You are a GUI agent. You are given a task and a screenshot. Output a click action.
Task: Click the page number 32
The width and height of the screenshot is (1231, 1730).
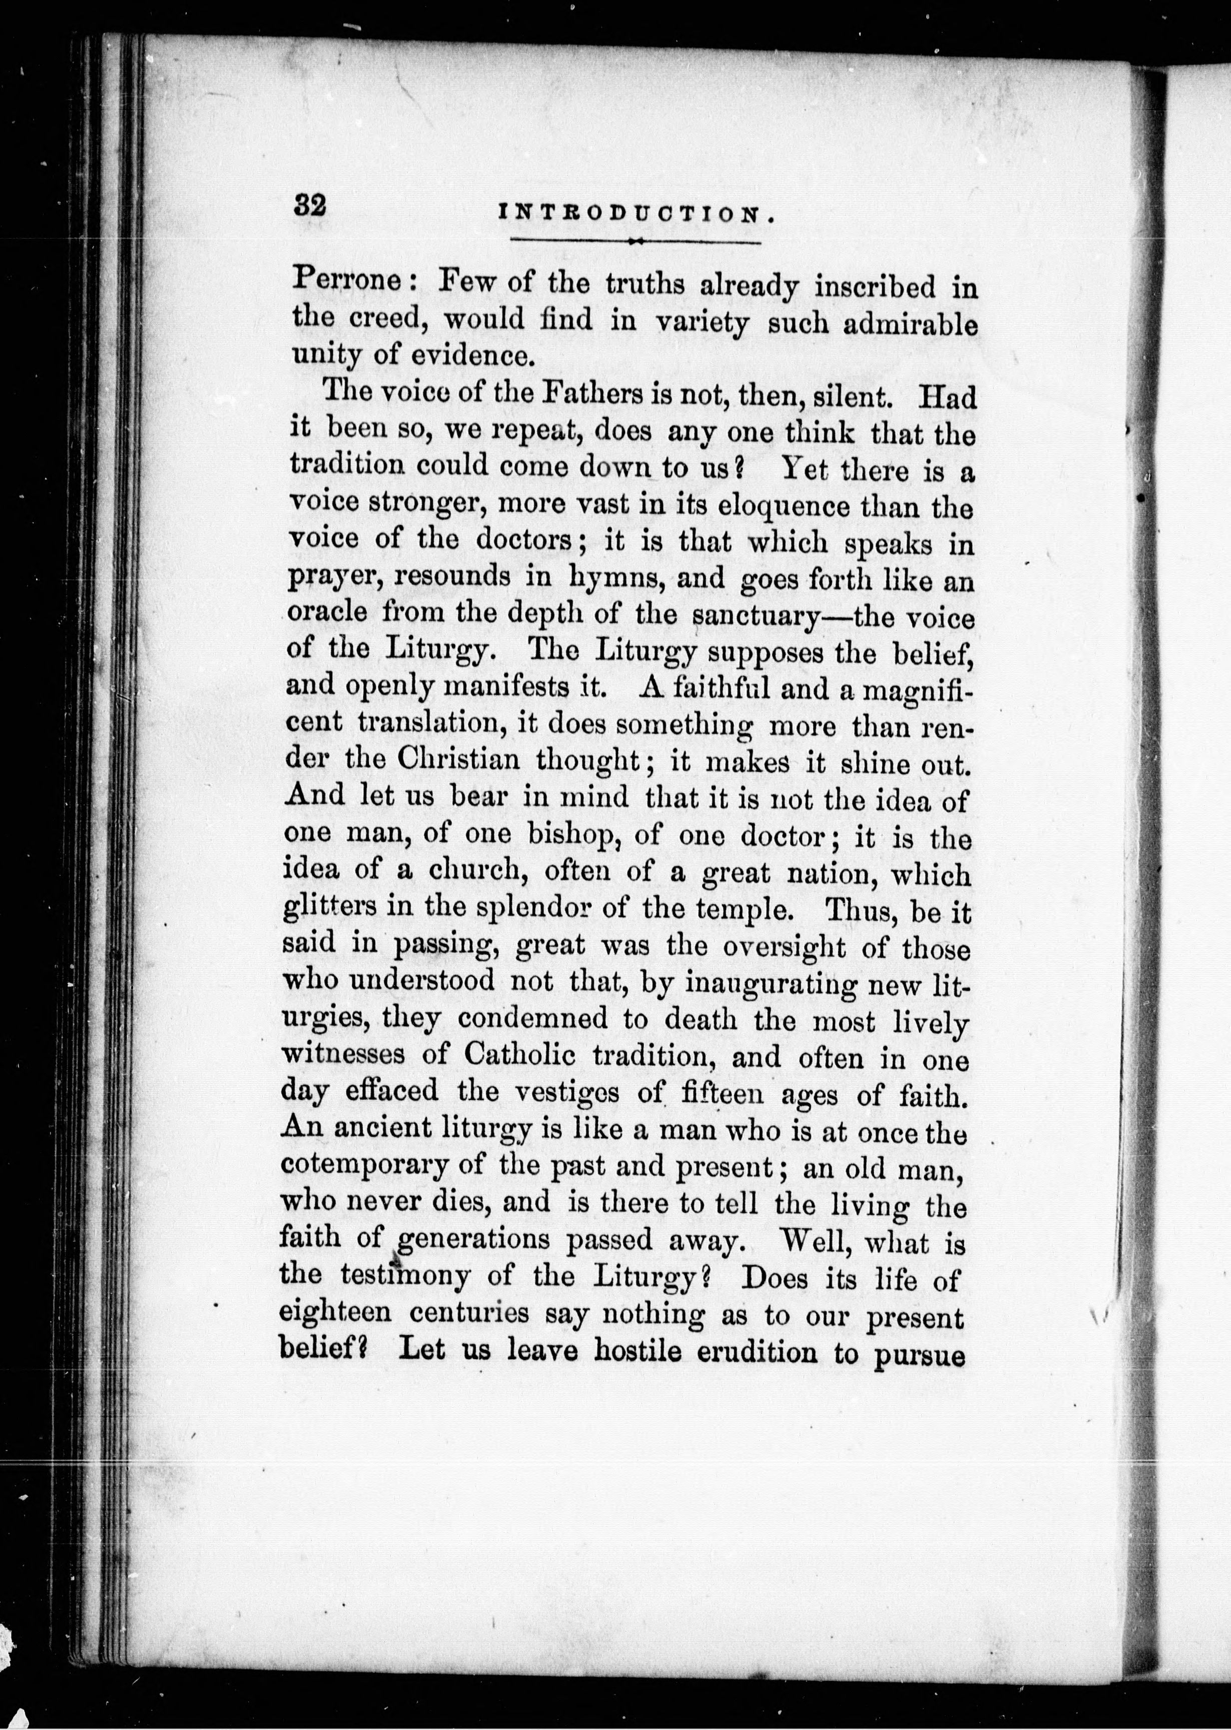coord(310,206)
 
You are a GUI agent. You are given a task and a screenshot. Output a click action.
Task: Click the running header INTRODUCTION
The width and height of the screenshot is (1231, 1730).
coord(636,215)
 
